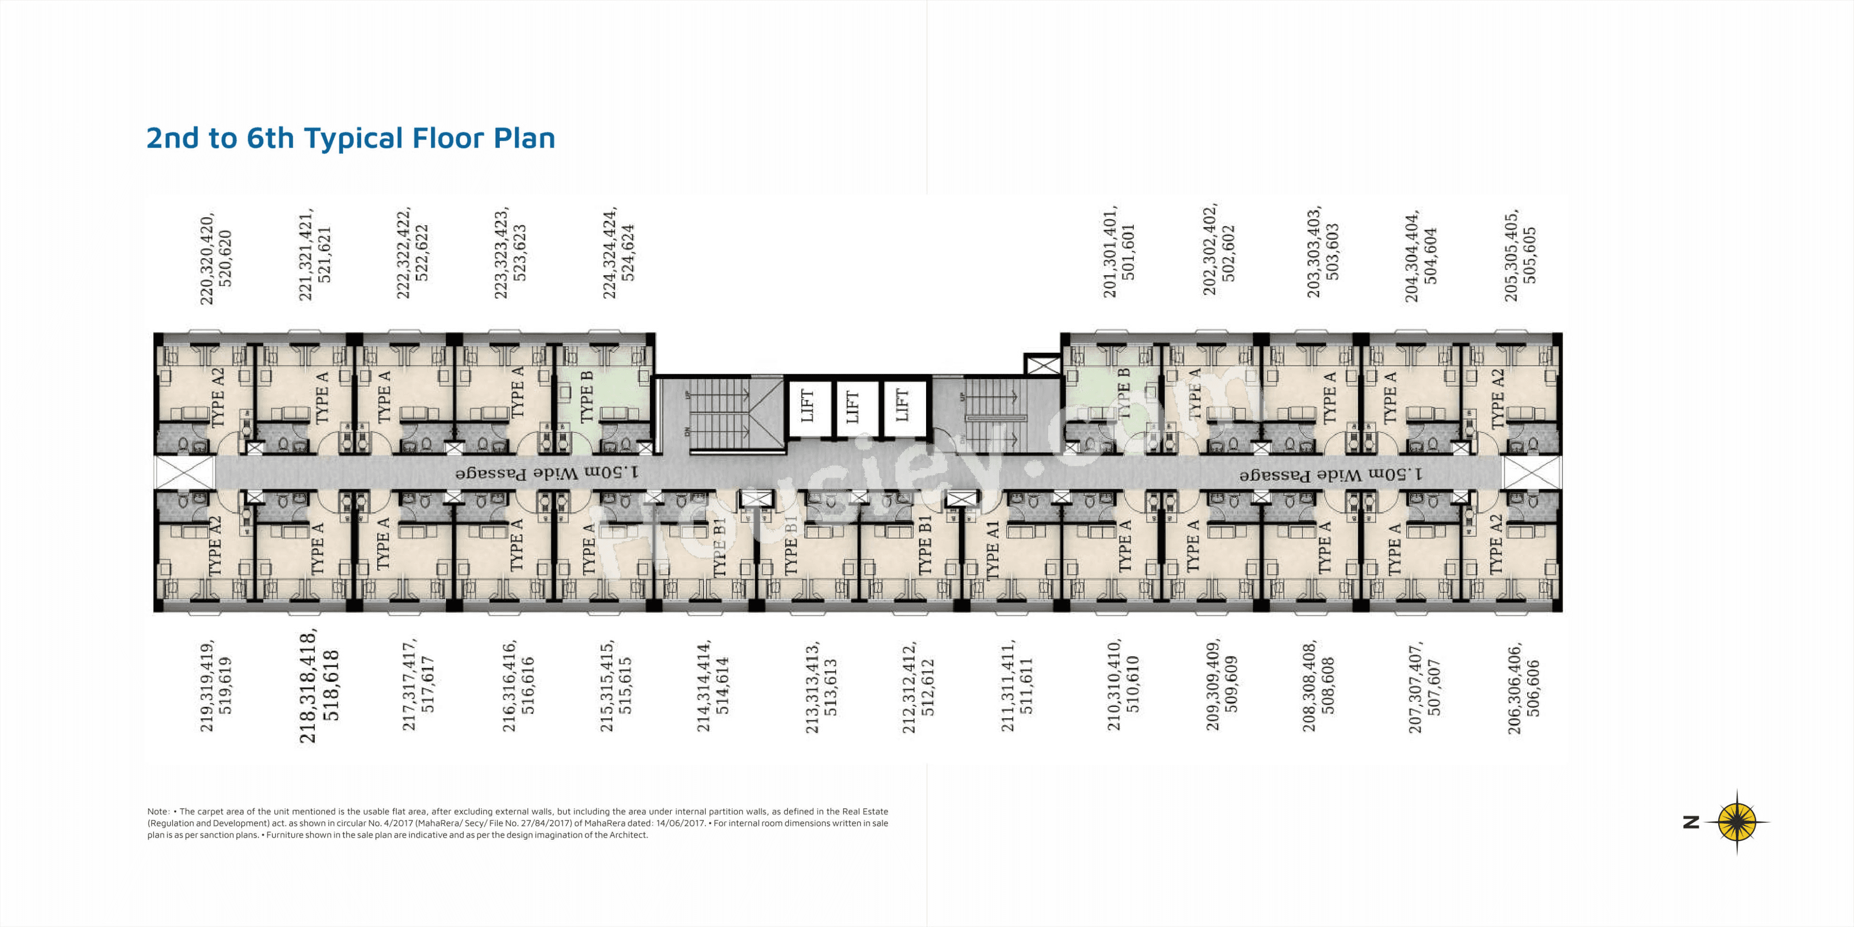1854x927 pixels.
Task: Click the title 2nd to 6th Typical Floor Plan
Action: click(351, 138)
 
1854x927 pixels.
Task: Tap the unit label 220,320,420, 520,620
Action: click(216, 259)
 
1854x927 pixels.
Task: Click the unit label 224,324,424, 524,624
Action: click(619, 253)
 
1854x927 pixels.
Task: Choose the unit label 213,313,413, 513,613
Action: click(821, 688)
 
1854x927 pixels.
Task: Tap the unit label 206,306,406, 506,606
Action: click(1524, 688)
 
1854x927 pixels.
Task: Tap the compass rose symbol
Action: click(1737, 822)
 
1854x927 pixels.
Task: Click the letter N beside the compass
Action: click(1691, 822)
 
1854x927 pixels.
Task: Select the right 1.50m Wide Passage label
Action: click(1331, 475)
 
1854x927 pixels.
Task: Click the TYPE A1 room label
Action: click(993, 550)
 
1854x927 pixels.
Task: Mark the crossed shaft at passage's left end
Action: click(184, 473)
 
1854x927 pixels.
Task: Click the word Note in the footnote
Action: click(157, 811)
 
